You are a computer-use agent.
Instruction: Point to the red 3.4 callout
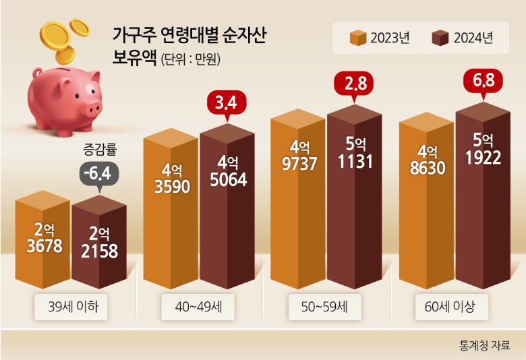[x=227, y=104]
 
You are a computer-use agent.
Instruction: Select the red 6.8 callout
[x=484, y=82]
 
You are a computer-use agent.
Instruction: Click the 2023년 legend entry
[x=379, y=38]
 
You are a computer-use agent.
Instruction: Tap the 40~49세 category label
[x=198, y=309]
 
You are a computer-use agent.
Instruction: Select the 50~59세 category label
[x=325, y=309]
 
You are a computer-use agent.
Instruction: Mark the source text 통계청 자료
[x=484, y=344]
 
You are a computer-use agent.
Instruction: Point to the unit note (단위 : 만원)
[x=191, y=59]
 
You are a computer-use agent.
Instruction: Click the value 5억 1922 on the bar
[x=483, y=150]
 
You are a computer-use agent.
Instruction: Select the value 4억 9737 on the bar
[x=297, y=156]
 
